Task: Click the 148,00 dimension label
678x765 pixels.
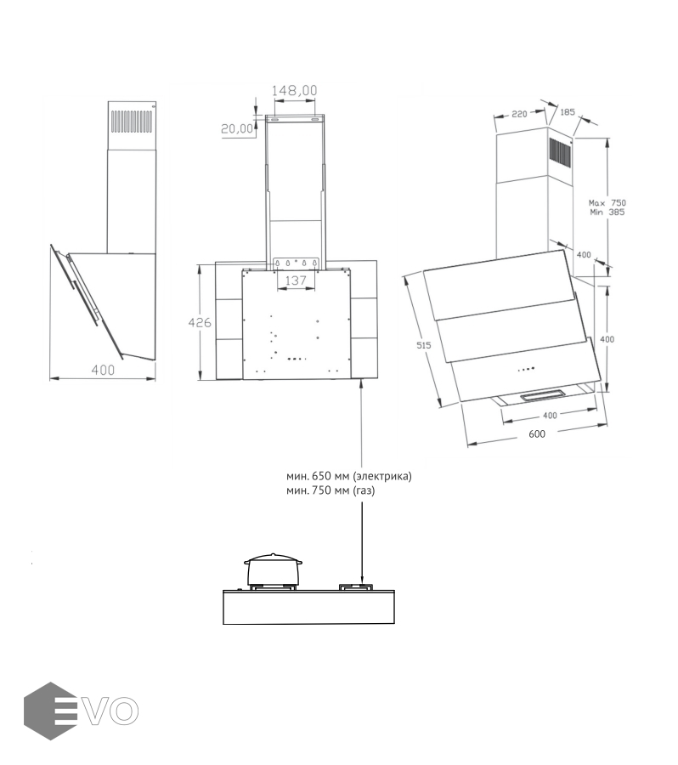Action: (294, 90)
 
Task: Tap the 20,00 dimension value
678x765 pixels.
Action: (237, 128)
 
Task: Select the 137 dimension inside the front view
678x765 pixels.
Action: (296, 280)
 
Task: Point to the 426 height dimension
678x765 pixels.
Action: (200, 322)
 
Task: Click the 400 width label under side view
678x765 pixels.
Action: (104, 370)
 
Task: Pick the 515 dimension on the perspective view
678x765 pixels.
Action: (423, 345)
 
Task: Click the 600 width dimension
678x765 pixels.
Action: (537, 433)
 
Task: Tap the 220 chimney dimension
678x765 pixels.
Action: (519, 114)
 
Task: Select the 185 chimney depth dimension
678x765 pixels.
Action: (568, 111)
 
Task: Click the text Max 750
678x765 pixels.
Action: (607, 202)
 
